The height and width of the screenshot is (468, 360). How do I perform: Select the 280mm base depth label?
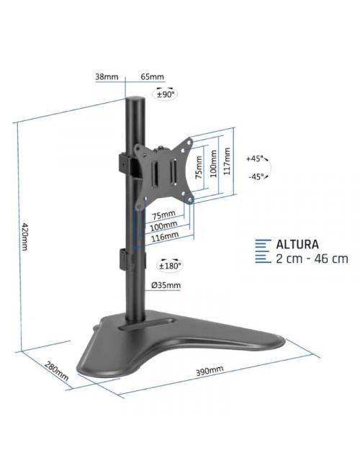(x=57, y=371)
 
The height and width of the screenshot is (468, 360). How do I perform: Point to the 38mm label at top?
(x=106, y=76)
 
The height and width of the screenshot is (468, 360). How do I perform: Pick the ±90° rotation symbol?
(x=167, y=94)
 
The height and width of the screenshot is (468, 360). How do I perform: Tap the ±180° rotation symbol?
(x=171, y=266)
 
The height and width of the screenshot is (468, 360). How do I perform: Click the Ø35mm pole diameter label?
(x=166, y=286)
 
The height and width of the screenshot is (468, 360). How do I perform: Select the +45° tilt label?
(x=254, y=158)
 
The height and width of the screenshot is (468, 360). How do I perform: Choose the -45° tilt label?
(x=254, y=176)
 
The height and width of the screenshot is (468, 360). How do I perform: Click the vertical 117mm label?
(x=227, y=161)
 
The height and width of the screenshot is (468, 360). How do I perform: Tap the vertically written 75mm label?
(x=198, y=171)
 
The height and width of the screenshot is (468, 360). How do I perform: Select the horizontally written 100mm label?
(x=163, y=225)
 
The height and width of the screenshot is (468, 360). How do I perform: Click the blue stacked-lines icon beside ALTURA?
(x=264, y=251)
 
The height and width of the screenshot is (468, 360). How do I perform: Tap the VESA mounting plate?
(x=168, y=170)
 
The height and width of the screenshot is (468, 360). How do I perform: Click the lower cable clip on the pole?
(x=124, y=259)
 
